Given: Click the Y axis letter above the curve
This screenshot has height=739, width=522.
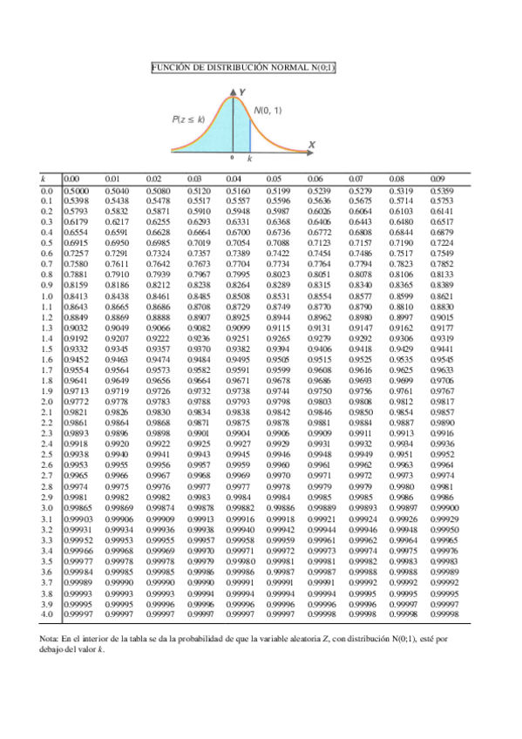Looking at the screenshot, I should click(x=241, y=91).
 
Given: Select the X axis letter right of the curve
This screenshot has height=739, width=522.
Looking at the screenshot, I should click(x=311, y=143).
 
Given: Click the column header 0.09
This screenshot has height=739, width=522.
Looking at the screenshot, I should click(x=437, y=180).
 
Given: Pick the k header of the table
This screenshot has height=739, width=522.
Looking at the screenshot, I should click(x=44, y=180).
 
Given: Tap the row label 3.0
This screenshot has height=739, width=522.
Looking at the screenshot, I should click(x=48, y=507).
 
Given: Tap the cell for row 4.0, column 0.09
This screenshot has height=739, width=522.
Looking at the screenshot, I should click(x=444, y=614).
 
